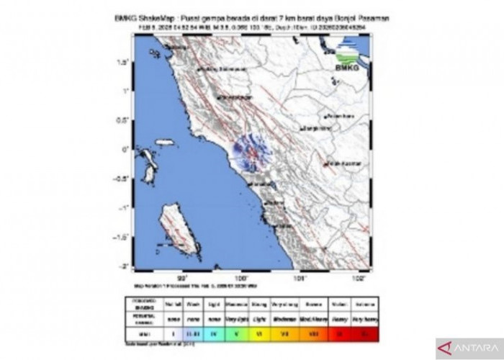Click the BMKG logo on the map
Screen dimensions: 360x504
coord(348,57)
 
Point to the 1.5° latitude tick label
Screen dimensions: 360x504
coord(123,62)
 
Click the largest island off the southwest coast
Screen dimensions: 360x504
coord(177,228)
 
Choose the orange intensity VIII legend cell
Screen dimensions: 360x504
coord(313,333)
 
